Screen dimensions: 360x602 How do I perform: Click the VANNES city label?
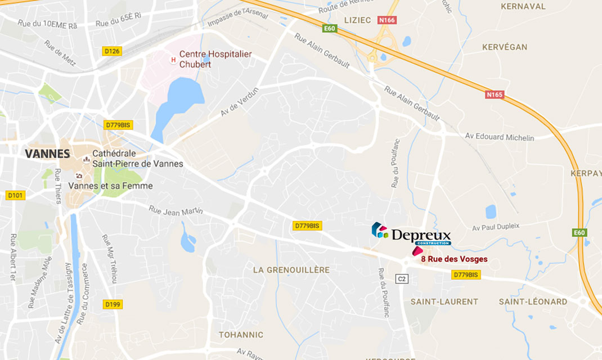pyautogui.click(x=47, y=154)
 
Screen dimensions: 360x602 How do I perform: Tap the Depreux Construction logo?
pyautogui.click(x=411, y=233)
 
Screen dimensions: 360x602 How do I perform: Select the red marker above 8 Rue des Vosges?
pyautogui.click(x=417, y=251)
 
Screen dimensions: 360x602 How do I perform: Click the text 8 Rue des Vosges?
pyautogui.click(x=454, y=259)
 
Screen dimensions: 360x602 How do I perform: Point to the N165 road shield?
pyautogui.click(x=494, y=94)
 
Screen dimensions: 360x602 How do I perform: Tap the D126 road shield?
pyautogui.click(x=112, y=51)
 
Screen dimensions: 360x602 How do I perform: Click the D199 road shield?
pyautogui.click(x=114, y=304)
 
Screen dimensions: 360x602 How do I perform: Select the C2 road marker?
pyautogui.click(x=402, y=278)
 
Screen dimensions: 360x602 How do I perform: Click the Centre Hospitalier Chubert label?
pyautogui.click(x=215, y=59)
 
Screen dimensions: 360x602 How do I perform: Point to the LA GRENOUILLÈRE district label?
pyautogui.click(x=291, y=270)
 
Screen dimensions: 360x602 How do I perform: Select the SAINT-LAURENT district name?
pyautogui.click(x=444, y=301)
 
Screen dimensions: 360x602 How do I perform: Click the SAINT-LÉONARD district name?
pyautogui.click(x=533, y=301)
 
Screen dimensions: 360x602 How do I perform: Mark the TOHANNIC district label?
pyautogui.click(x=241, y=334)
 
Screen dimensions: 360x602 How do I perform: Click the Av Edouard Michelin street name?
pyautogui.click(x=500, y=137)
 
